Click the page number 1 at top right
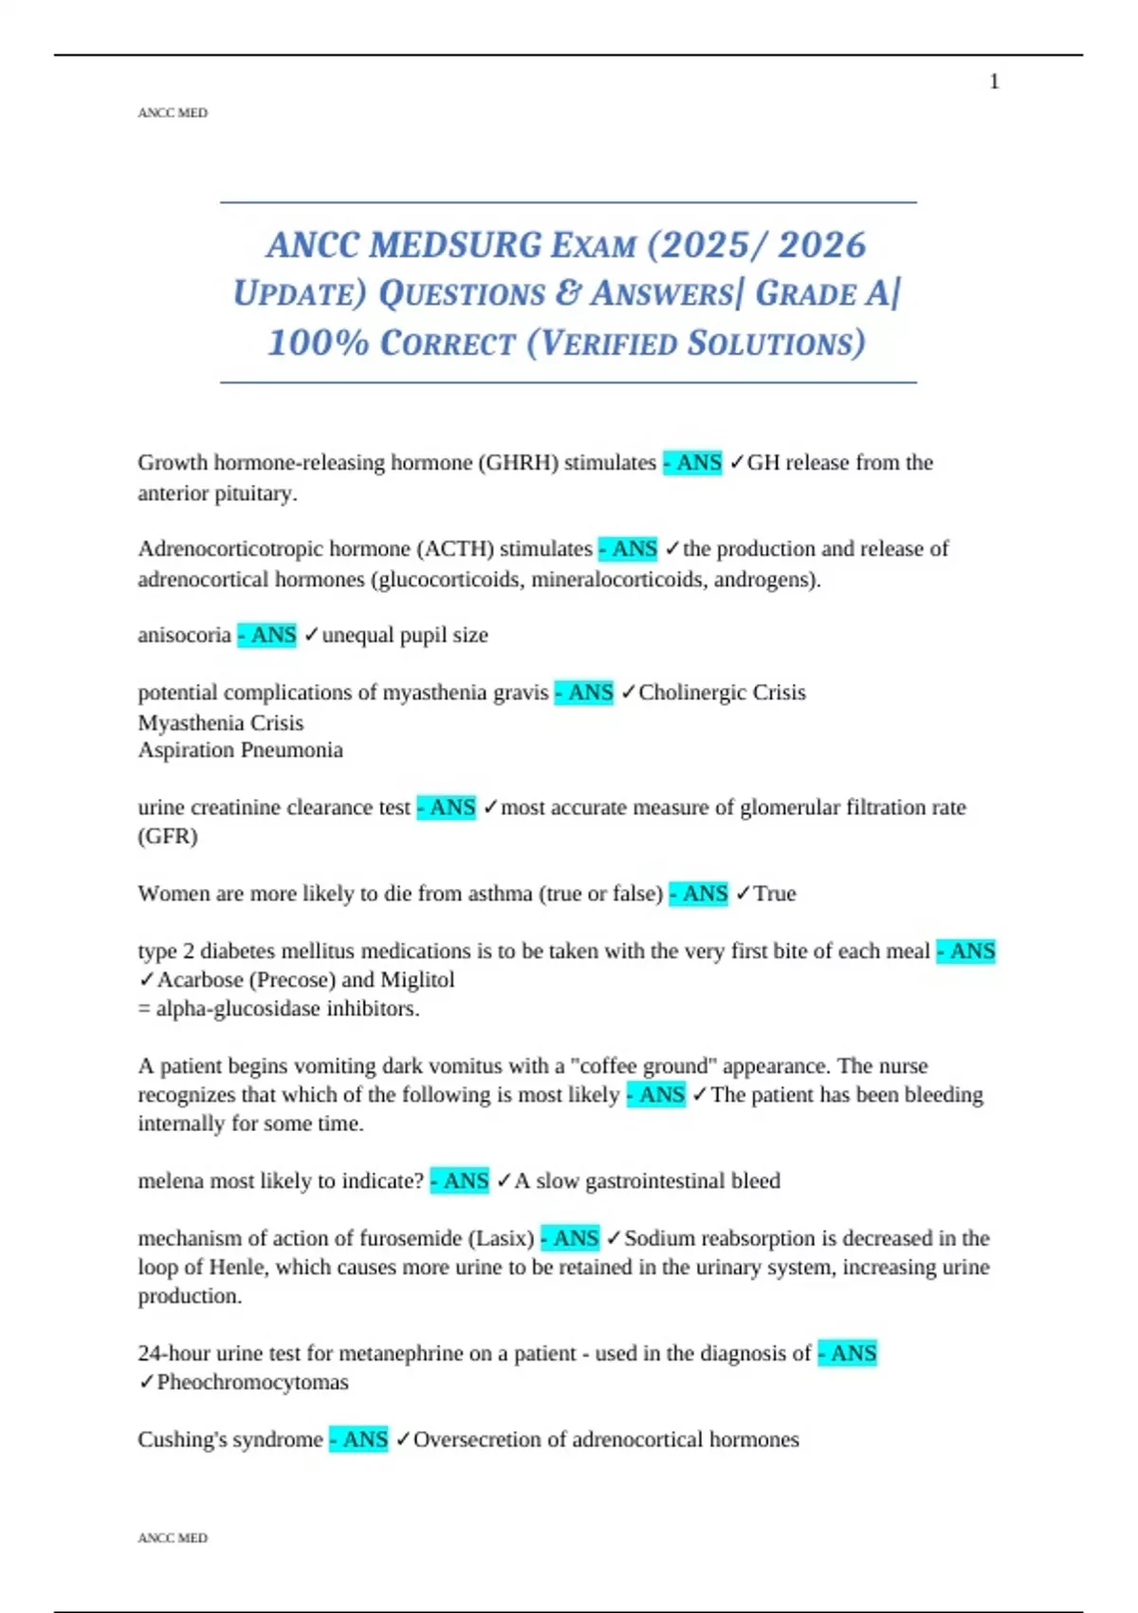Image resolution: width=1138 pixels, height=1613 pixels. [x=994, y=82]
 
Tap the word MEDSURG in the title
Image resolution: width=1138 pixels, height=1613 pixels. [x=455, y=245]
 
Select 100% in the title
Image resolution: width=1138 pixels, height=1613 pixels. [x=318, y=343]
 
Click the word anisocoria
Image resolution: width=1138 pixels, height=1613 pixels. [x=184, y=635]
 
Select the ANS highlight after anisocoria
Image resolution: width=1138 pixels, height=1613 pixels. [x=267, y=635]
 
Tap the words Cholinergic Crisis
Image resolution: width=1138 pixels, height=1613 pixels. [x=722, y=693]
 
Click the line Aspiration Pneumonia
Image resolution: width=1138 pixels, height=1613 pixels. [x=240, y=751]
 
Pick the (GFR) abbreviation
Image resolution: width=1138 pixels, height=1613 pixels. [x=168, y=837]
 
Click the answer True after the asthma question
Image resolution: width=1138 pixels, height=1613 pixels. [x=775, y=894]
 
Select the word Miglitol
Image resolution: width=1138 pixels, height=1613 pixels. [x=417, y=980]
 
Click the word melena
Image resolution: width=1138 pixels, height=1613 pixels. [x=171, y=1181]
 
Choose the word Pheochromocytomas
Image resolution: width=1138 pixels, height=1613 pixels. [x=252, y=1382]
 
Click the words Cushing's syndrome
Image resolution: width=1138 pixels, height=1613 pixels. [x=230, y=1440]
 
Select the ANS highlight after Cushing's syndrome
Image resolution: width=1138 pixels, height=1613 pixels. [x=359, y=1440]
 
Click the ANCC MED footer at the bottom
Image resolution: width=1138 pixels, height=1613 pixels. [x=173, y=1538]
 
